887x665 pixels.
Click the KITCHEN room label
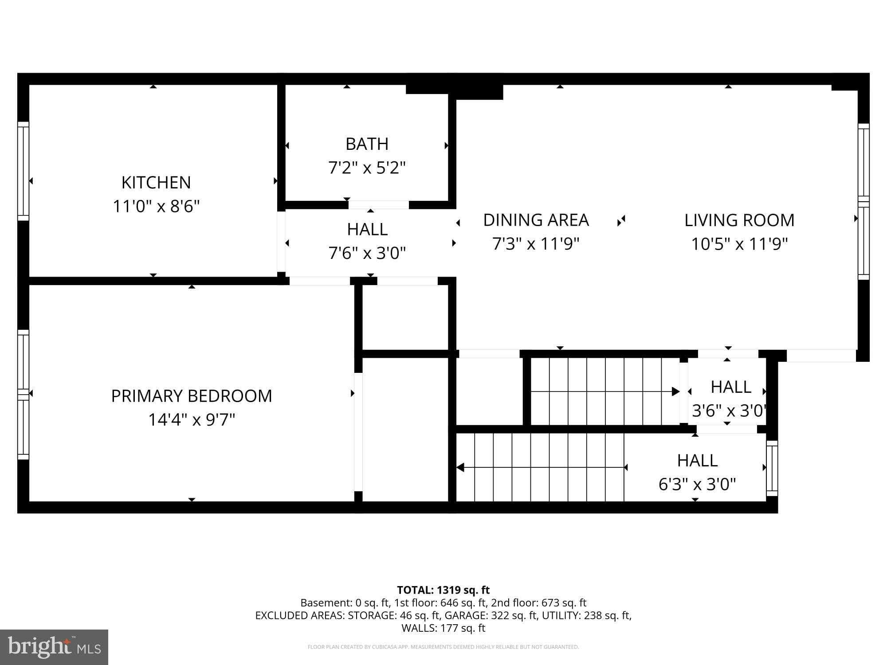[156, 182]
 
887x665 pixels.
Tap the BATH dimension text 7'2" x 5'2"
[367, 168]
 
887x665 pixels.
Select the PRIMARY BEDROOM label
[191, 396]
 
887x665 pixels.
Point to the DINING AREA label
[536, 220]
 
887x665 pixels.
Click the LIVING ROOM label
[739, 220]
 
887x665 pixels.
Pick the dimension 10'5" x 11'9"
[739, 244]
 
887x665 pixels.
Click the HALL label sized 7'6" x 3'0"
[367, 229]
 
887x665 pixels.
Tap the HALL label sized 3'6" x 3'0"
[730, 387]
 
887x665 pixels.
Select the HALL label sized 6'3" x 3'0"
[697, 461]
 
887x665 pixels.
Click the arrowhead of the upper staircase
[675, 391]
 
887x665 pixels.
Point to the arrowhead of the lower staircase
[460, 467]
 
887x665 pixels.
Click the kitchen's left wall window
[23, 171]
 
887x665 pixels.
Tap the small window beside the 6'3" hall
[772, 468]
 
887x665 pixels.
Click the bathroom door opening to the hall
[378, 205]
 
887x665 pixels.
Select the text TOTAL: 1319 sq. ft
[443, 590]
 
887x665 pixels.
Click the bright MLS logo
[54, 647]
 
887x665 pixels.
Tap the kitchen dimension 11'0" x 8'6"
[156, 206]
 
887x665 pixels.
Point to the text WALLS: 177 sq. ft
[443, 628]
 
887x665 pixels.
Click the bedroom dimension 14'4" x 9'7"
[191, 419]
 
